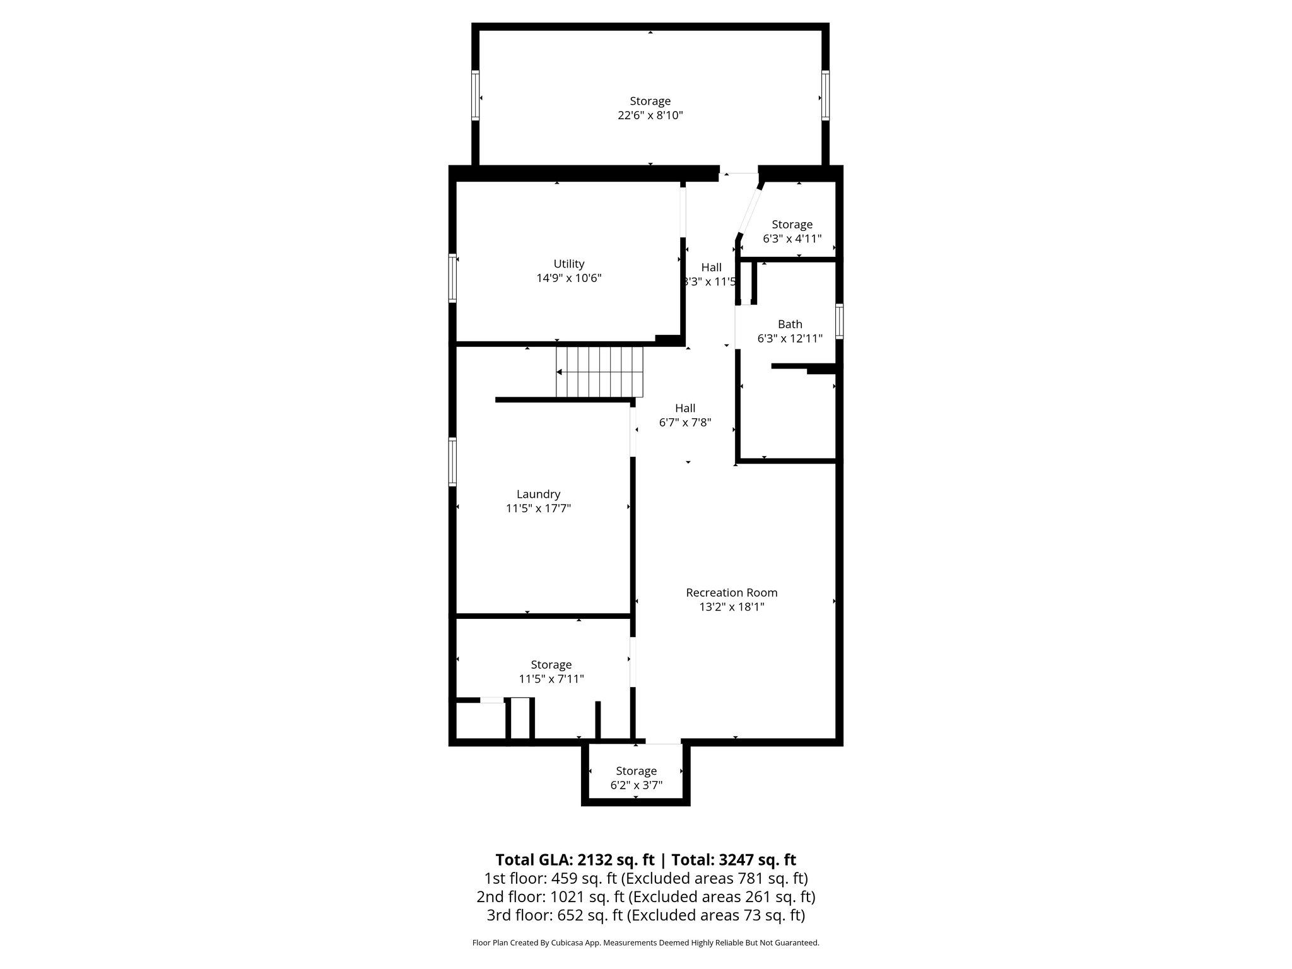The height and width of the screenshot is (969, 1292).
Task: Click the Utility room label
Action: (569, 264)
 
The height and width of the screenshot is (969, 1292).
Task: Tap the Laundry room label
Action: (538, 495)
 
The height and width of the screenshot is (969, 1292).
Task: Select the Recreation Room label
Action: (731, 592)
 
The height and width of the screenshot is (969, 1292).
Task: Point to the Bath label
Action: (790, 324)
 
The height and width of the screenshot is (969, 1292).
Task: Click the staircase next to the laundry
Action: (599, 372)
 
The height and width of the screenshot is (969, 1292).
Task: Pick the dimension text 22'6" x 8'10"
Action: (650, 115)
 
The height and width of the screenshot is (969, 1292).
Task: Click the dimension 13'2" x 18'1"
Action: (731, 607)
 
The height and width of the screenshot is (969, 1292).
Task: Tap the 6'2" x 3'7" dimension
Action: (636, 785)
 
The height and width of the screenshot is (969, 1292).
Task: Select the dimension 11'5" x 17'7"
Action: (538, 508)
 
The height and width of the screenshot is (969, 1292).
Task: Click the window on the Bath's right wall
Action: (839, 321)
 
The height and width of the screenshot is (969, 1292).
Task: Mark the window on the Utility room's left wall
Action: (452, 278)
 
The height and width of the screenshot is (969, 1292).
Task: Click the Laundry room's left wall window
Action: (452, 462)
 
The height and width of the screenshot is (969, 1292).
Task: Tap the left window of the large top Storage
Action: (475, 95)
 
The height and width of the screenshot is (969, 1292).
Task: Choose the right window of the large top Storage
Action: (825, 95)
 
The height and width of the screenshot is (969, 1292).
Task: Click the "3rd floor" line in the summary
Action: (645, 915)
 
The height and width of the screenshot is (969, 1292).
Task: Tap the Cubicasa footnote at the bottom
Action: (645, 943)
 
